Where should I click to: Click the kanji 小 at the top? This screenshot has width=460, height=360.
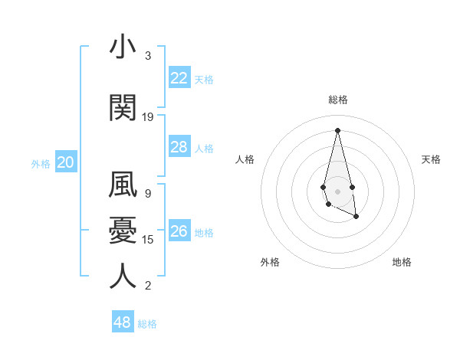(123, 47)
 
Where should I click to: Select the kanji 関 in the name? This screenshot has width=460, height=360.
(123, 109)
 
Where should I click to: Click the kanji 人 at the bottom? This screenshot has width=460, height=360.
(123, 276)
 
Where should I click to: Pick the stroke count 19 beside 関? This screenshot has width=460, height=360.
(148, 117)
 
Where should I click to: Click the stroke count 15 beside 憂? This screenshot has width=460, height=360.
(148, 240)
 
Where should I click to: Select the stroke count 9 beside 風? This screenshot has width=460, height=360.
(148, 194)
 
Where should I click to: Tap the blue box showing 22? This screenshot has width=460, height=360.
(179, 78)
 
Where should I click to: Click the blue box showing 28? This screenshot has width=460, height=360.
(179, 147)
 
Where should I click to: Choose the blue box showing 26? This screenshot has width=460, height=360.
(179, 231)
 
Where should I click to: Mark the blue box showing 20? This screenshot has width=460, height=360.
(66, 162)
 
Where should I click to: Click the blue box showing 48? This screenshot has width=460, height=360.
(122, 322)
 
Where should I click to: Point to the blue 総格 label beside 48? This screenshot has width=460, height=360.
(147, 324)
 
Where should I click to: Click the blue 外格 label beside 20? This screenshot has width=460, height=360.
(41, 163)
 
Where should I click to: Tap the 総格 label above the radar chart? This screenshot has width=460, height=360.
(338, 100)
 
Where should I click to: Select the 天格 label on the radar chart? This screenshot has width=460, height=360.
(431, 159)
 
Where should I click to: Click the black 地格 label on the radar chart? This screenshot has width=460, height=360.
(402, 262)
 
